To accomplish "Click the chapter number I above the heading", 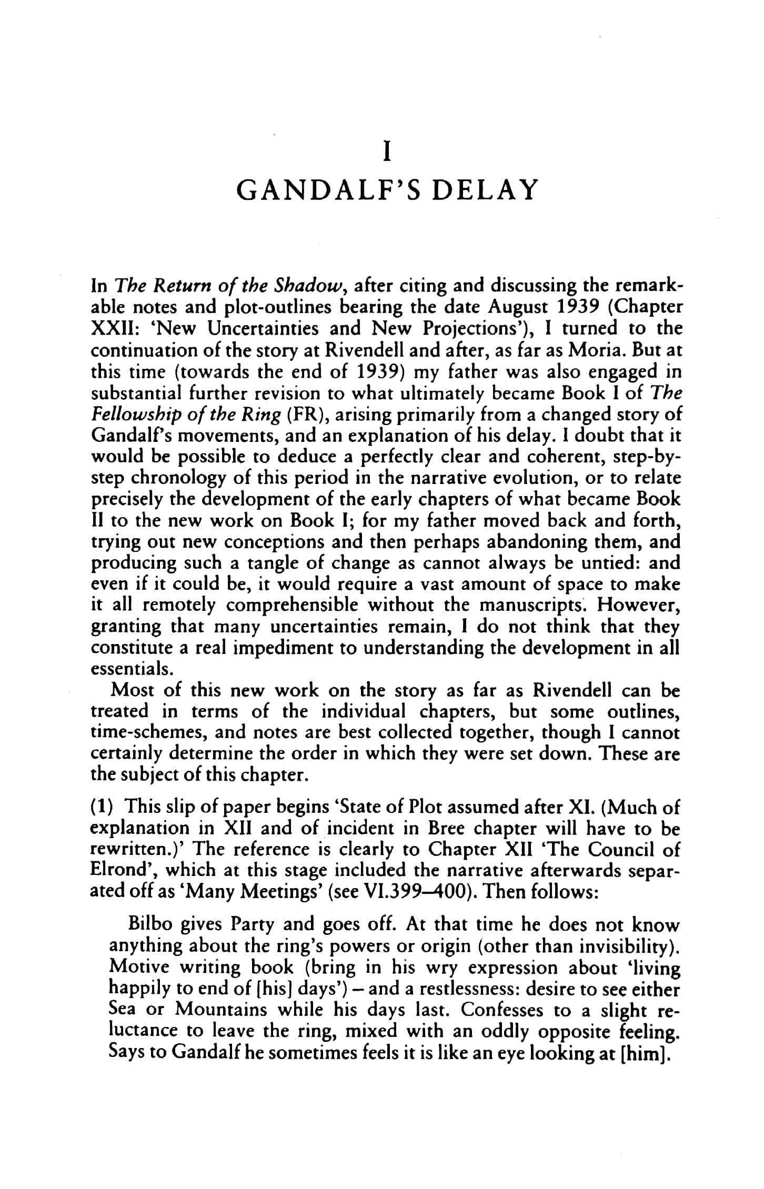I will pos(387,153).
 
